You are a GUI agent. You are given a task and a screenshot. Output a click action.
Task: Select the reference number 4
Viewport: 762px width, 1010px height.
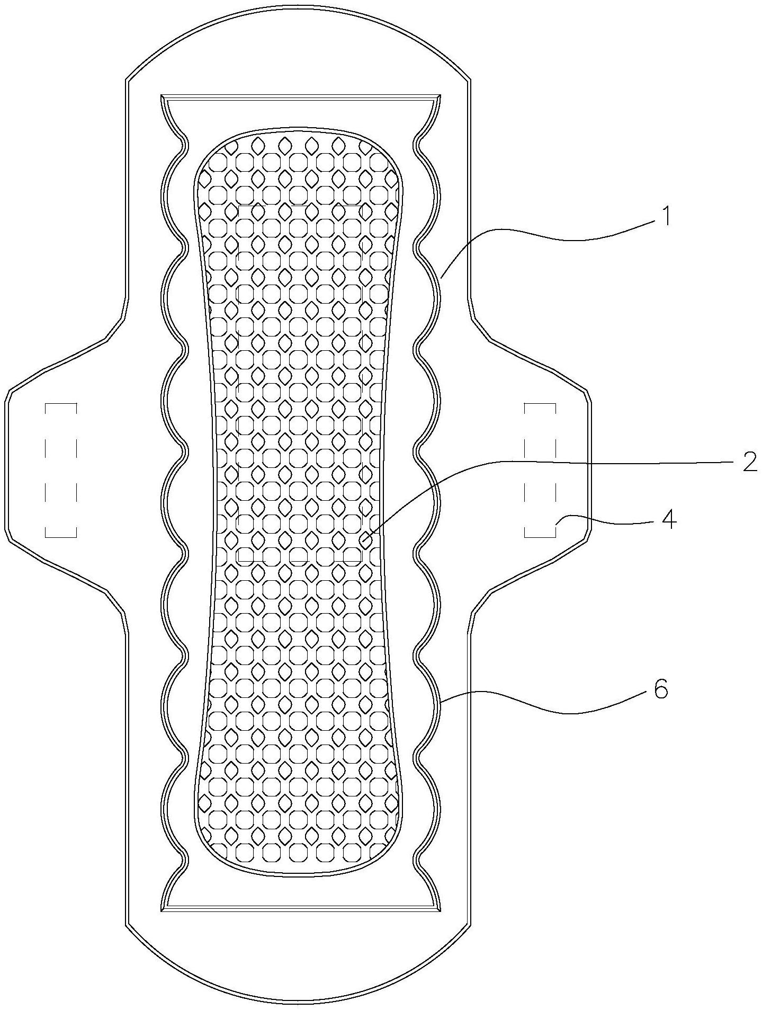[669, 520]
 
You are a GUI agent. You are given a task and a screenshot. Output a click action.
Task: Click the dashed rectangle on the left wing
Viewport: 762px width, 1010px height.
[61, 470]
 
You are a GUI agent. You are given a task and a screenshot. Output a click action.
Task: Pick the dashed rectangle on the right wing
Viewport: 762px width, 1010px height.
[540, 470]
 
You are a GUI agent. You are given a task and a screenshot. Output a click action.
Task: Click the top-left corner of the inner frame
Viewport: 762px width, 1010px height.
[162, 96]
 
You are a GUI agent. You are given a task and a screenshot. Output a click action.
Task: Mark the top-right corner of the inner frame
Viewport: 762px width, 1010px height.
[441, 96]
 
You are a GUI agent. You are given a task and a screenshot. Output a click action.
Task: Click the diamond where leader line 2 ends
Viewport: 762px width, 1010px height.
[365, 541]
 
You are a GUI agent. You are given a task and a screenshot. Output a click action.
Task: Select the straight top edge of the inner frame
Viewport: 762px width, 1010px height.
[301, 98]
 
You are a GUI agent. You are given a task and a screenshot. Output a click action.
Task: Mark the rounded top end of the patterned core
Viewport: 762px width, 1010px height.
[298, 128]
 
